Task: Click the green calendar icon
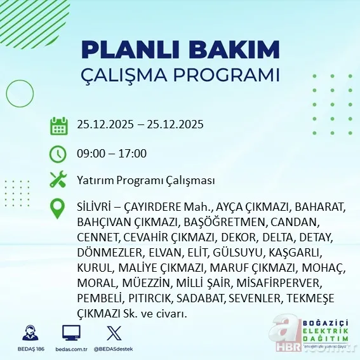(58, 125)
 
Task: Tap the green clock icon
(58, 154)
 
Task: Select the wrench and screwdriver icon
(58, 180)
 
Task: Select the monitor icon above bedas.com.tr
(71, 333)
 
